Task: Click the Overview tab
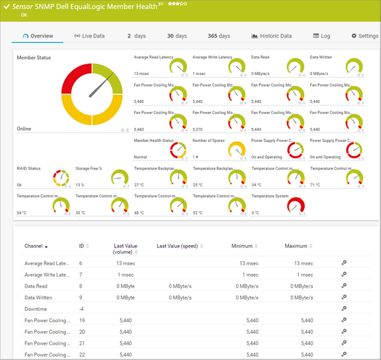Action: coord(38,36)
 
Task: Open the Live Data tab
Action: coord(90,36)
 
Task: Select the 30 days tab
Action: coord(177,36)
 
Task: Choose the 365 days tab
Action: coord(219,36)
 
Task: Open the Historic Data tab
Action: coord(272,36)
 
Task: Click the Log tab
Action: coord(322,36)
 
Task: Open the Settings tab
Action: coord(364,36)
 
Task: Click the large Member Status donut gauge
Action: coord(92,94)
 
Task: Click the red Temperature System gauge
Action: coord(296,206)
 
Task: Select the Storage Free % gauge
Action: coord(120,178)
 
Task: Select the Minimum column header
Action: coord(241,246)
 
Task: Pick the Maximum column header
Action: coord(296,246)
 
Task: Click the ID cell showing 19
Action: coord(81,321)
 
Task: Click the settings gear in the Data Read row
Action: coord(343,286)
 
